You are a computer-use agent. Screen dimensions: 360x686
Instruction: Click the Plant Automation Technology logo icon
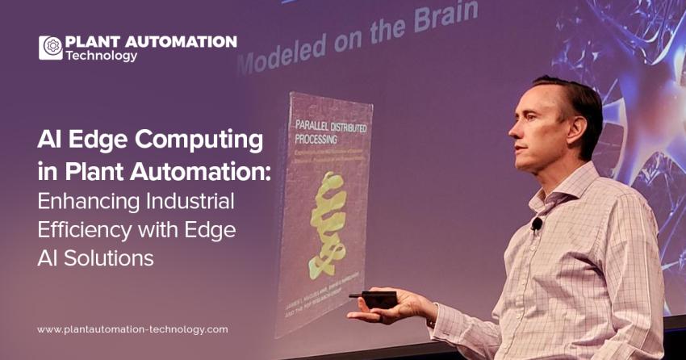coord(51,48)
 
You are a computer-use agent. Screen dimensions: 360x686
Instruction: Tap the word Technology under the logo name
coord(102,56)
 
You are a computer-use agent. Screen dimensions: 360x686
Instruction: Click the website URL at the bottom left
coord(132,329)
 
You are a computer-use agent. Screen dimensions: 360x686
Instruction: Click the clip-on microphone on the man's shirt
coord(537,224)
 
